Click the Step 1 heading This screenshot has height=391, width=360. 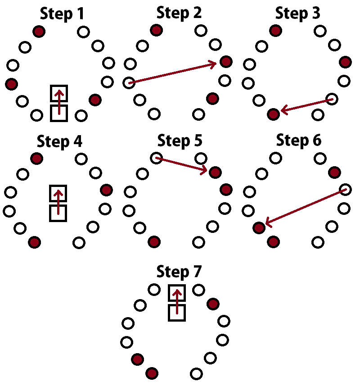point(62,14)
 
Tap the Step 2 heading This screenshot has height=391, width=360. point(179,13)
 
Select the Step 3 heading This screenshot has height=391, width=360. point(298,13)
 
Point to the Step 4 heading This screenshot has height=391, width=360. point(60,142)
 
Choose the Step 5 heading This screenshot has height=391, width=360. point(180,141)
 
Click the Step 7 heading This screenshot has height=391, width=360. point(179,272)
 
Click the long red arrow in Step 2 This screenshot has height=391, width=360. point(173,73)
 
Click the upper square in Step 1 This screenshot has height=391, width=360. point(59,93)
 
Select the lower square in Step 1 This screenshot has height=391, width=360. point(59,113)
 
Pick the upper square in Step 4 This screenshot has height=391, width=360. point(58,193)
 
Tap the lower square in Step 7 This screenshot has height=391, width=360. point(177,312)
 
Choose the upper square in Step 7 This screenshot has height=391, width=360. point(177,293)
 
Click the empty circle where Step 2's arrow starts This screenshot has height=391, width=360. point(129,83)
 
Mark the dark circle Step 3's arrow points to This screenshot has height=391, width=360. point(273,114)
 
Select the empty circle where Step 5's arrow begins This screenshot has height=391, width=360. point(156,158)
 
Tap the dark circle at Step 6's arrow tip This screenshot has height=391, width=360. point(259,227)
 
